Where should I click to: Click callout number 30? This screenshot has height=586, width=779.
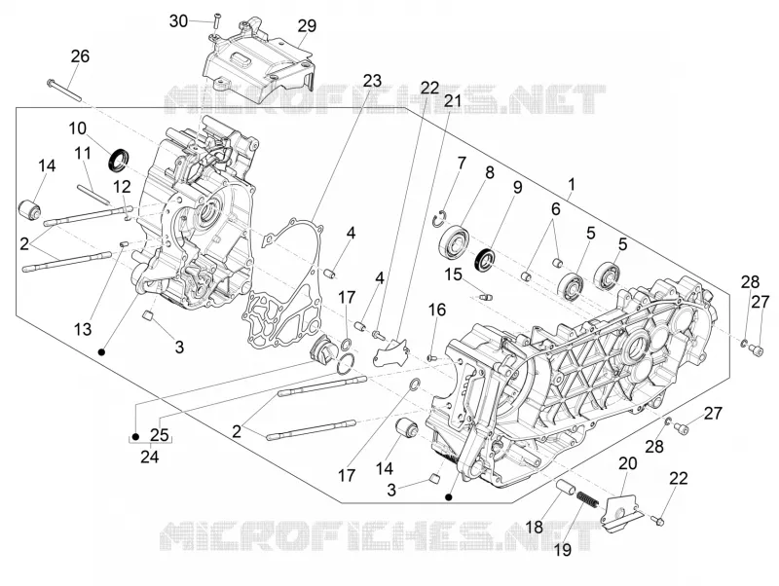pos(179,21)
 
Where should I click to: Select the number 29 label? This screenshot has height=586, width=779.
pos(307,25)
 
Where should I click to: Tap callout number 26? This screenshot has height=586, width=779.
pos(80,56)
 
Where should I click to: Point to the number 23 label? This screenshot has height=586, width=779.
pos(372,80)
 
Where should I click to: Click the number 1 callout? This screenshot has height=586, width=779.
pos(572,185)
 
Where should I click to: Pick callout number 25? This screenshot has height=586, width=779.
pos(160,435)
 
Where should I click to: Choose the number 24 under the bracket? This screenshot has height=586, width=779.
pos(150,456)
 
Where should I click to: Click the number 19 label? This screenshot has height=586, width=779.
pos(564,550)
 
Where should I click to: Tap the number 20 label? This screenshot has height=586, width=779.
pos(628,463)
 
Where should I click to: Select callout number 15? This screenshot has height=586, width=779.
pos(453,275)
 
